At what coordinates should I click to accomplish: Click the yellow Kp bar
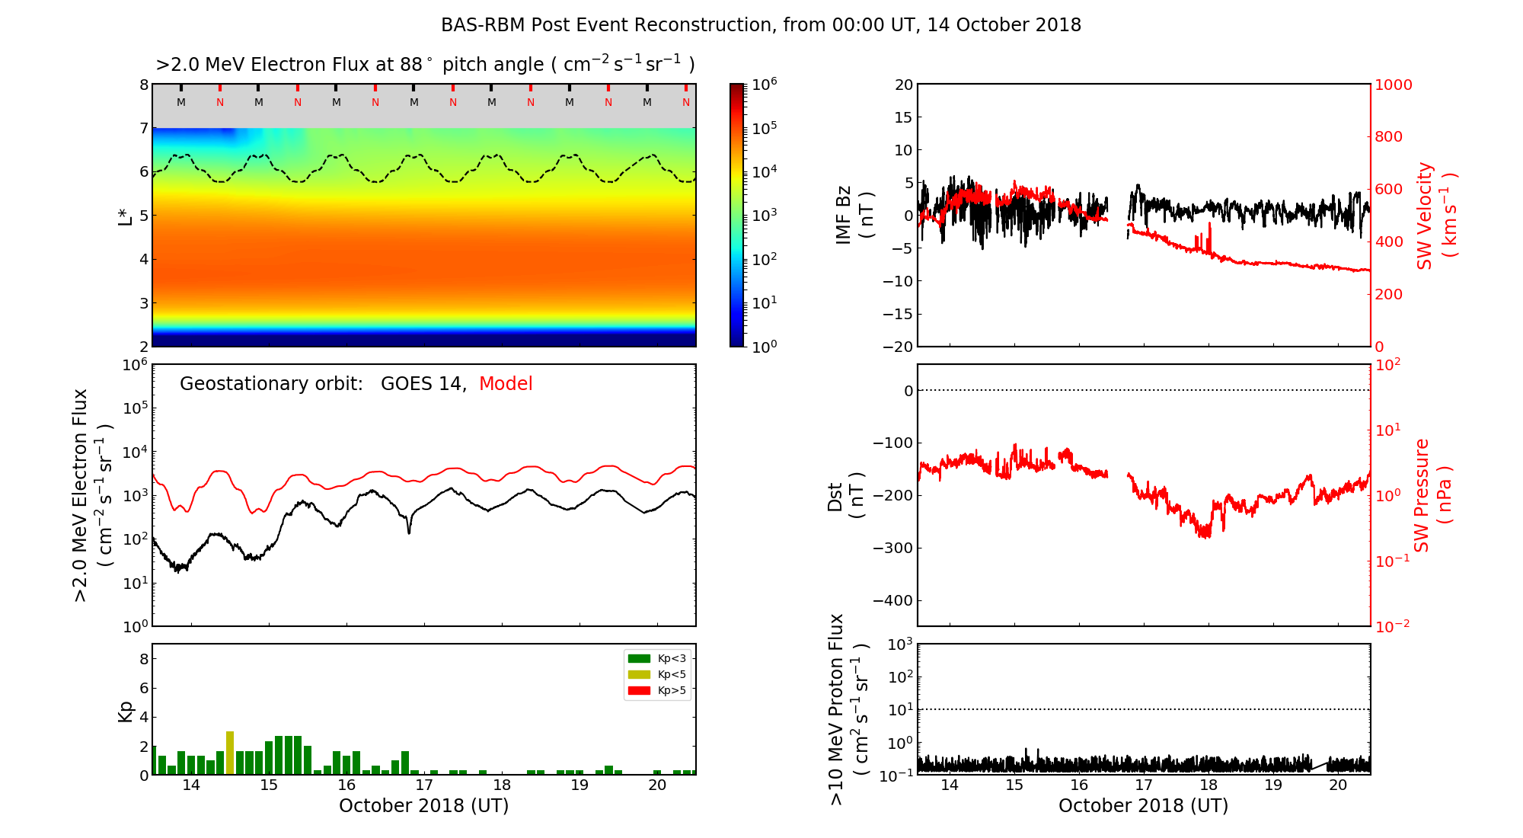(230, 753)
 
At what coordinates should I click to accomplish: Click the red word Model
(506, 384)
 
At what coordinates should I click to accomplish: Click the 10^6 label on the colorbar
(764, 84)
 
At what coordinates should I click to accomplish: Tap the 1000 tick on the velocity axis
(1393, 85)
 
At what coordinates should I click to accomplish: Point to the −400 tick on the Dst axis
(892, 600)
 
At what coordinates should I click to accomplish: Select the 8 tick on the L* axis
(143, 85)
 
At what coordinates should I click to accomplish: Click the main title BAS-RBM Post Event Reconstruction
(761, 25)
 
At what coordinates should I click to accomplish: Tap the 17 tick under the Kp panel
(424, 785)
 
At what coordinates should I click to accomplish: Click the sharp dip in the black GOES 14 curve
(409, 531)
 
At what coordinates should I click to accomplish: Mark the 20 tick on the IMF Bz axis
(903, 85)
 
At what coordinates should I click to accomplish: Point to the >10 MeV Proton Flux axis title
(848, 709)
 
